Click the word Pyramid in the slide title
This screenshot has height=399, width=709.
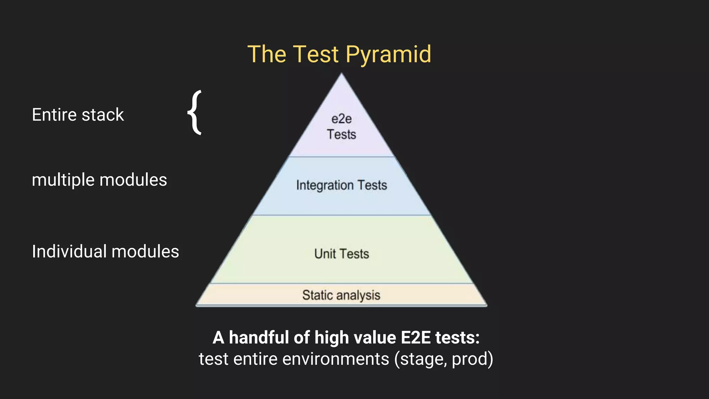click(388, 55)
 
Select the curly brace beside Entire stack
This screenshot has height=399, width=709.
click(195, 112)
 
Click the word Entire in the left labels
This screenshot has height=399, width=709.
click(54, 115)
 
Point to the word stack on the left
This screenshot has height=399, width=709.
click(103, 115)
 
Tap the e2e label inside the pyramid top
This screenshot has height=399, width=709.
click(341, 119)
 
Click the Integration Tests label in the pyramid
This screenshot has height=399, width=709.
click(341, 185)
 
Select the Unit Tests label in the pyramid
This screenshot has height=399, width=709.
click(341, 254)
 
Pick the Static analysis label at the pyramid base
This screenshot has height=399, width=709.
click(341, 295)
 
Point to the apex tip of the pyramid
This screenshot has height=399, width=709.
click(341, 74)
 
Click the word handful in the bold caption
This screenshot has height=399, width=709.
click(259, 338)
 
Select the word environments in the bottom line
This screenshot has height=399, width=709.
click(335, 359)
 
